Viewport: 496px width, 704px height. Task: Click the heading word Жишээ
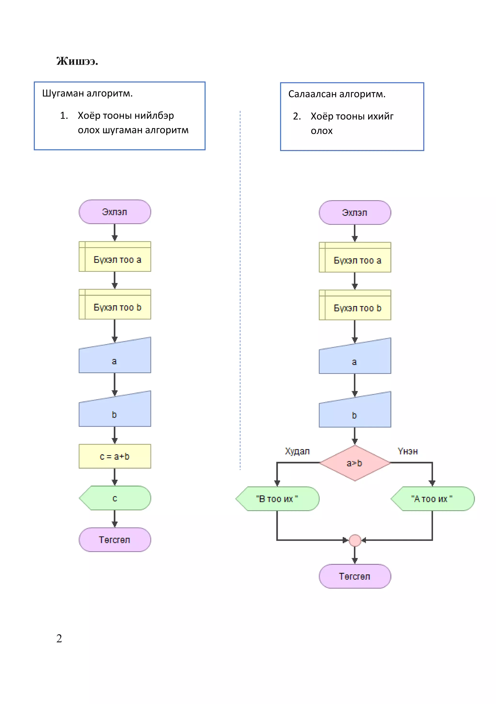(x=77, y=61)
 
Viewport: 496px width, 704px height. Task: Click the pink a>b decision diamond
(x=355, y=463)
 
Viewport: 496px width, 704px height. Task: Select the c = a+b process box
(x=115, y=456)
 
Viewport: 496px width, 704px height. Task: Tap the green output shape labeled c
(x=115, y=498)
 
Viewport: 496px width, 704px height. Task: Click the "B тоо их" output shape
(x=277, y=499)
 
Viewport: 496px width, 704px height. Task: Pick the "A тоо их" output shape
(x=432, y=499)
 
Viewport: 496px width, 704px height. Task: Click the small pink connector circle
(x=355, y=540)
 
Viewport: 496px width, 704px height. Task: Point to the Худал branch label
(x=297, y=451)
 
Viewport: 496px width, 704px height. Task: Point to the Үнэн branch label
(x=408, y=451)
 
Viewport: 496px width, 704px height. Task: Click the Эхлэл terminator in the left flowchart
(x=115, y=212)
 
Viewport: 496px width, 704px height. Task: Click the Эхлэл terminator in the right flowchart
(x=355, y=212)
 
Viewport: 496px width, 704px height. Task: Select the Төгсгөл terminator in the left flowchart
(x=115, y=540)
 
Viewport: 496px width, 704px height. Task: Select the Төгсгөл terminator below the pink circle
(x=355, y=576)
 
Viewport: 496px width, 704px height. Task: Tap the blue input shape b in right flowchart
(x=355, y=412)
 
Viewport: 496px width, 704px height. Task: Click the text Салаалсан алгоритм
(x=337, y=94)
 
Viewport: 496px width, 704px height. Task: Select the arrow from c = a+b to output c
(x=115, y=477)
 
